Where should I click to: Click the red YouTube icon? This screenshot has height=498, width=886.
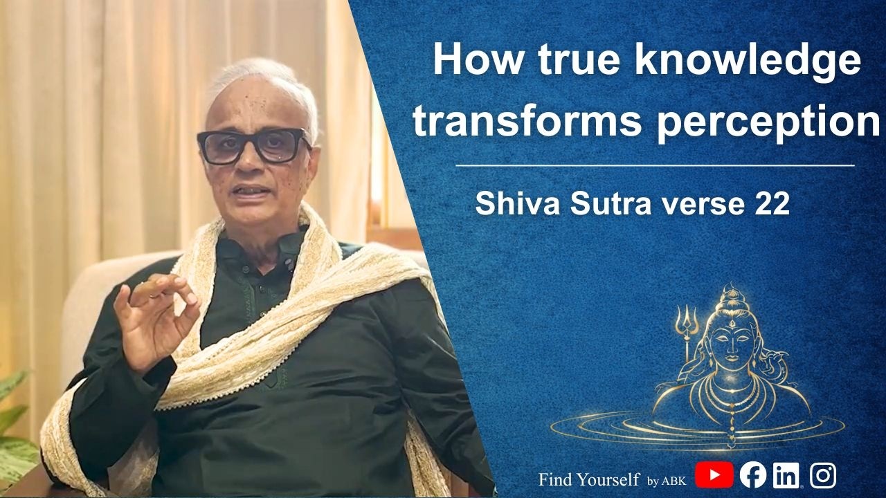coord(714,476)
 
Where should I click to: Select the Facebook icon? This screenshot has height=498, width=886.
coord(752,475)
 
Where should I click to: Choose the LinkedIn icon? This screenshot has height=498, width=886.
coord(786,476)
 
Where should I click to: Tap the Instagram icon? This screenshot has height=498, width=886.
coord(822,476)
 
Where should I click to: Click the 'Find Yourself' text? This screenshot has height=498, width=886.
coord(589,478)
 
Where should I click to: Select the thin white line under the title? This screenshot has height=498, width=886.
coord(655,166)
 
